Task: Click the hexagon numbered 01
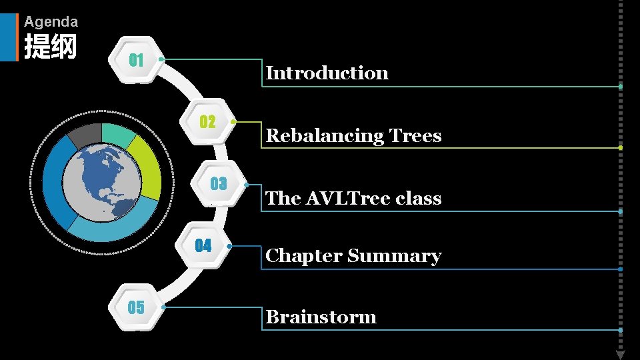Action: point(137,60)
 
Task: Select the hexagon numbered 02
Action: point(208,122)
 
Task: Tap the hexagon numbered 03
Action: point(218,183)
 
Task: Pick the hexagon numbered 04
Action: point(203,246)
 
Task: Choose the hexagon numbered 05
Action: point(136,307)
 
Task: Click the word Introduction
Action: point(327,73)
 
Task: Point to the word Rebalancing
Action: point(316,136)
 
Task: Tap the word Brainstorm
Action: point(321,317)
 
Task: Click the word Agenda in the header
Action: point(51,22)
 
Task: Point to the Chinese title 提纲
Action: point(51,47)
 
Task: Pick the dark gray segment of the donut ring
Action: point(84,135)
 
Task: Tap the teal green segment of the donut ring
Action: point(118,134)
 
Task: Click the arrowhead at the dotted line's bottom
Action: point(620,354)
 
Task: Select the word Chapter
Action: point(303,257)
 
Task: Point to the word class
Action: point(419,199)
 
